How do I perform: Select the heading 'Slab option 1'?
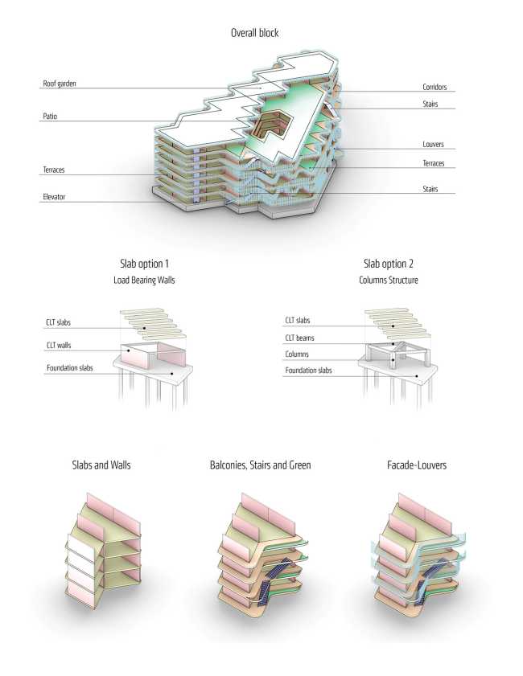(144, 263)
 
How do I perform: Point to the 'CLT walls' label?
(60, 346)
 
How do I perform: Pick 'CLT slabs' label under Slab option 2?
(301, 321)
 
